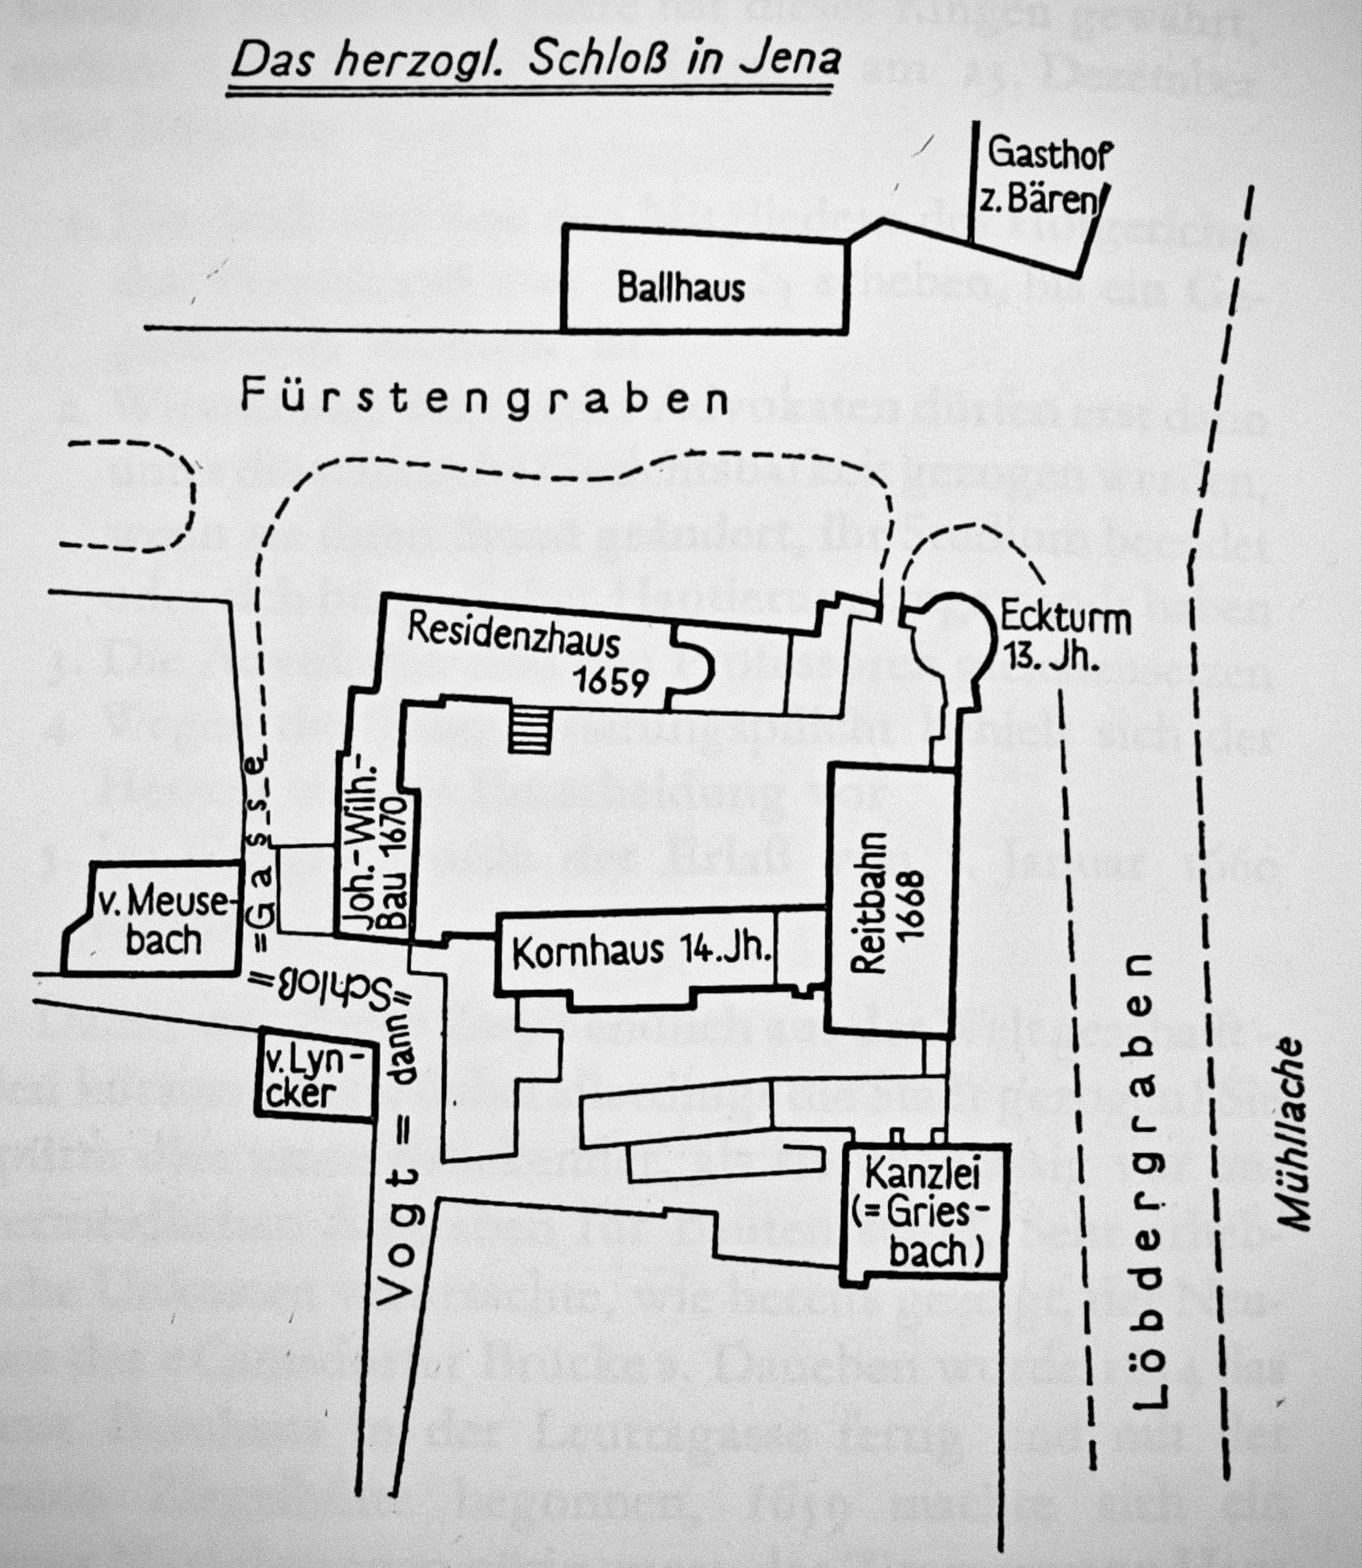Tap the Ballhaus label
pyautogui.click(x=681, y=287)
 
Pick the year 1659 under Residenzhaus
pyautogui.click(x=611, y=682)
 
